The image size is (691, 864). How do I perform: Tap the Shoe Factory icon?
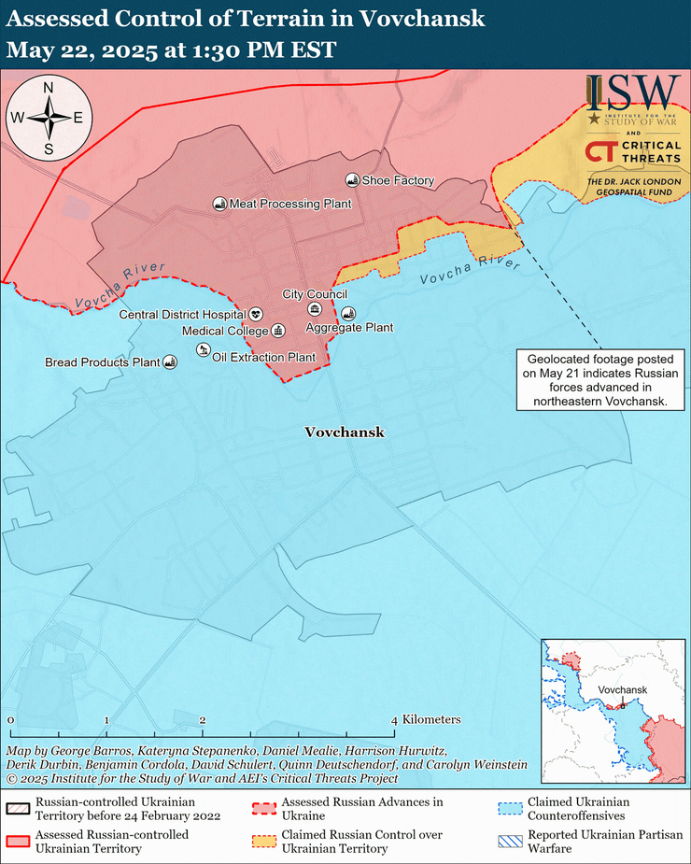(352, 179)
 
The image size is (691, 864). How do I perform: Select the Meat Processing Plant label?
(289, 204)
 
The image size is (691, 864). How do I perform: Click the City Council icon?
(315, 309)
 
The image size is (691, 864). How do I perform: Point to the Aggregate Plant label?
(349, 328)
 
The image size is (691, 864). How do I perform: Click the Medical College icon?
(277, 331)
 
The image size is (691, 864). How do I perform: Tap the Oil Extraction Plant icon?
(204, 349)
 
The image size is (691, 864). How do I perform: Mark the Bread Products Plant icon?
(170, 361)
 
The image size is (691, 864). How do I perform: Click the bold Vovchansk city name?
(345, 432)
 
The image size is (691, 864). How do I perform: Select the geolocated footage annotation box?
(600, 380)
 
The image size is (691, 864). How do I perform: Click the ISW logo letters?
(632, 92)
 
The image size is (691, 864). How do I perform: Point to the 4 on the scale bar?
(395, 720)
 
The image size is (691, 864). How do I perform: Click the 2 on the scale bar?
(203, 720)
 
